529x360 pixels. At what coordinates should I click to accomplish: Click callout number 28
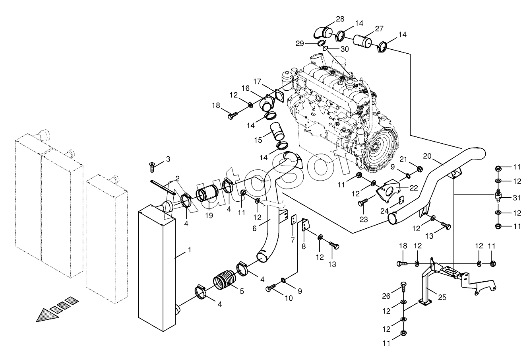coord(340,19)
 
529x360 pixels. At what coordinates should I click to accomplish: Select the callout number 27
coord(379,29)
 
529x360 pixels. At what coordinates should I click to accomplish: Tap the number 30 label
coord(345,49)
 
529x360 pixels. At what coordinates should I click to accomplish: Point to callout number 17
coord(257,82)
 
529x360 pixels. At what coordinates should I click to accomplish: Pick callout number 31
coord(517,198)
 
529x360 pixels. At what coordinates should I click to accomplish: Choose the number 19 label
coord(209,216)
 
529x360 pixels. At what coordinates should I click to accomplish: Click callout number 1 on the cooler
coord(189,250)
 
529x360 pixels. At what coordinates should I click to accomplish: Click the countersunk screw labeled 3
coord(152,167)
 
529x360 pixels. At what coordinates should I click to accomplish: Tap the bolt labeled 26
coord(403,288)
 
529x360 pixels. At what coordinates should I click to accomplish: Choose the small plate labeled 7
coord(293,220)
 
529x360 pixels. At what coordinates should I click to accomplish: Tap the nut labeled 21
coord(419,169)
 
